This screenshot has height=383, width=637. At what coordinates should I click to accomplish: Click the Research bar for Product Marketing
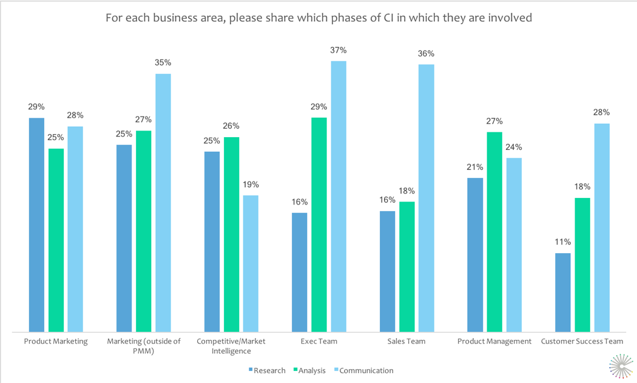coord(36,225)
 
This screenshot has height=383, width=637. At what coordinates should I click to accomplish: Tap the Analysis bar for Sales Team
coord(406,266)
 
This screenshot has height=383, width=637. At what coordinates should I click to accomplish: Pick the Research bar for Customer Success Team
coord(563,292)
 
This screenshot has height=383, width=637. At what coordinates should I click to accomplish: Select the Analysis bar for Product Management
coord(494,231)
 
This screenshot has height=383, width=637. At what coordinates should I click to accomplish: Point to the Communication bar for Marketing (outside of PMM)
coord(163,203)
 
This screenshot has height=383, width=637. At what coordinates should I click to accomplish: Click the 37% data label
coord(339,50)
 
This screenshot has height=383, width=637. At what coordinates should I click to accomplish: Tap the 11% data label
coord(563,242)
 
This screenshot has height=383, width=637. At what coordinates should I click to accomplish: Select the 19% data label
coord(251,184)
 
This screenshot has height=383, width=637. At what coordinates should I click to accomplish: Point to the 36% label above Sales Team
coord(426,53)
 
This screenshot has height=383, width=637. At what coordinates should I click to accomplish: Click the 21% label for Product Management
coord(475,167)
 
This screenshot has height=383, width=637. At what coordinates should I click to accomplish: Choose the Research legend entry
coord(267,370)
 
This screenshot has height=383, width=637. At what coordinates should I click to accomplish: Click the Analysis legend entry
coord(309,370)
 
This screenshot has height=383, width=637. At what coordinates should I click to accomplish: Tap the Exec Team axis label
coord(319,341)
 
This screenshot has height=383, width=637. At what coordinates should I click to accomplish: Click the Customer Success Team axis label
coord(582,341)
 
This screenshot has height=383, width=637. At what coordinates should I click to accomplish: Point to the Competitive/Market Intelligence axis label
coord(231,345)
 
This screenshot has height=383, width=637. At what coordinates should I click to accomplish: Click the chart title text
coord(318,18)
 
